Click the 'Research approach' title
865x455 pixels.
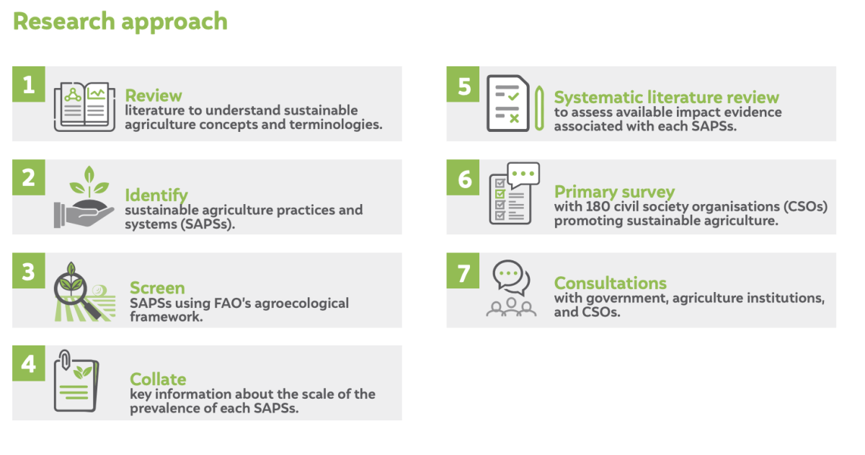pyautogui.click(x=120, y=22)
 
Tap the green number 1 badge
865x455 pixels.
pyautogui.click(x=29, y=84)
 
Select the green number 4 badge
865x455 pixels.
pyautogui.click(x=29, y=363)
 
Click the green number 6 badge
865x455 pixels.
pyautogui.click(x=463, y=177)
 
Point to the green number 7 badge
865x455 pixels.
pyautogui.click(x=463, y=270)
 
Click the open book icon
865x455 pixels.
pyautogui.click(x=84, y=107)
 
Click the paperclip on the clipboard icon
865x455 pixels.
pyautogui.click(x=66, y=360)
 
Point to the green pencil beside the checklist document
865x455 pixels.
pyautogui.click(x=539, y=109)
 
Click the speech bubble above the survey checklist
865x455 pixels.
pyautogui.click(x=523, y=175)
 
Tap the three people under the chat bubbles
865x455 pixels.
pyautogui.click(x=511, y=307)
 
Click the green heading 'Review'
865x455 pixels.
pyautogui.click(x=154, y=96)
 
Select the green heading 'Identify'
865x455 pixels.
pyautogui.click(x=156, y=195)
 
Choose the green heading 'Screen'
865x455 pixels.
pyautogui.click(x=157, y=288)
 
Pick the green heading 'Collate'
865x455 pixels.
pyautogui.click(x=158, y=379)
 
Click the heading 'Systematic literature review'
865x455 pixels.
pyautogui.click(x=667, y=97)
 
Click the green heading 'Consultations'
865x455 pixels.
pyautogui.click(x=610, y=283)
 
